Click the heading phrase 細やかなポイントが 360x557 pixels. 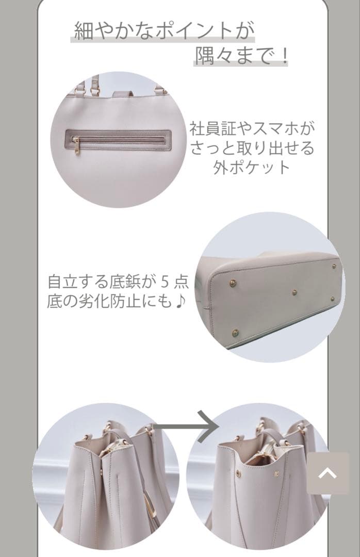(163, 31)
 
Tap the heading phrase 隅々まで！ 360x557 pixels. (241, 55)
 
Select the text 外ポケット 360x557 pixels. (252, 168)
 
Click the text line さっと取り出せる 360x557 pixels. (252, 148)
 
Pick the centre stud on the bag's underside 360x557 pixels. (294, 292)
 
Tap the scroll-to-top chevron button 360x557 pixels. (328, 473)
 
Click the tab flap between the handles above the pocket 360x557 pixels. (122, 93)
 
